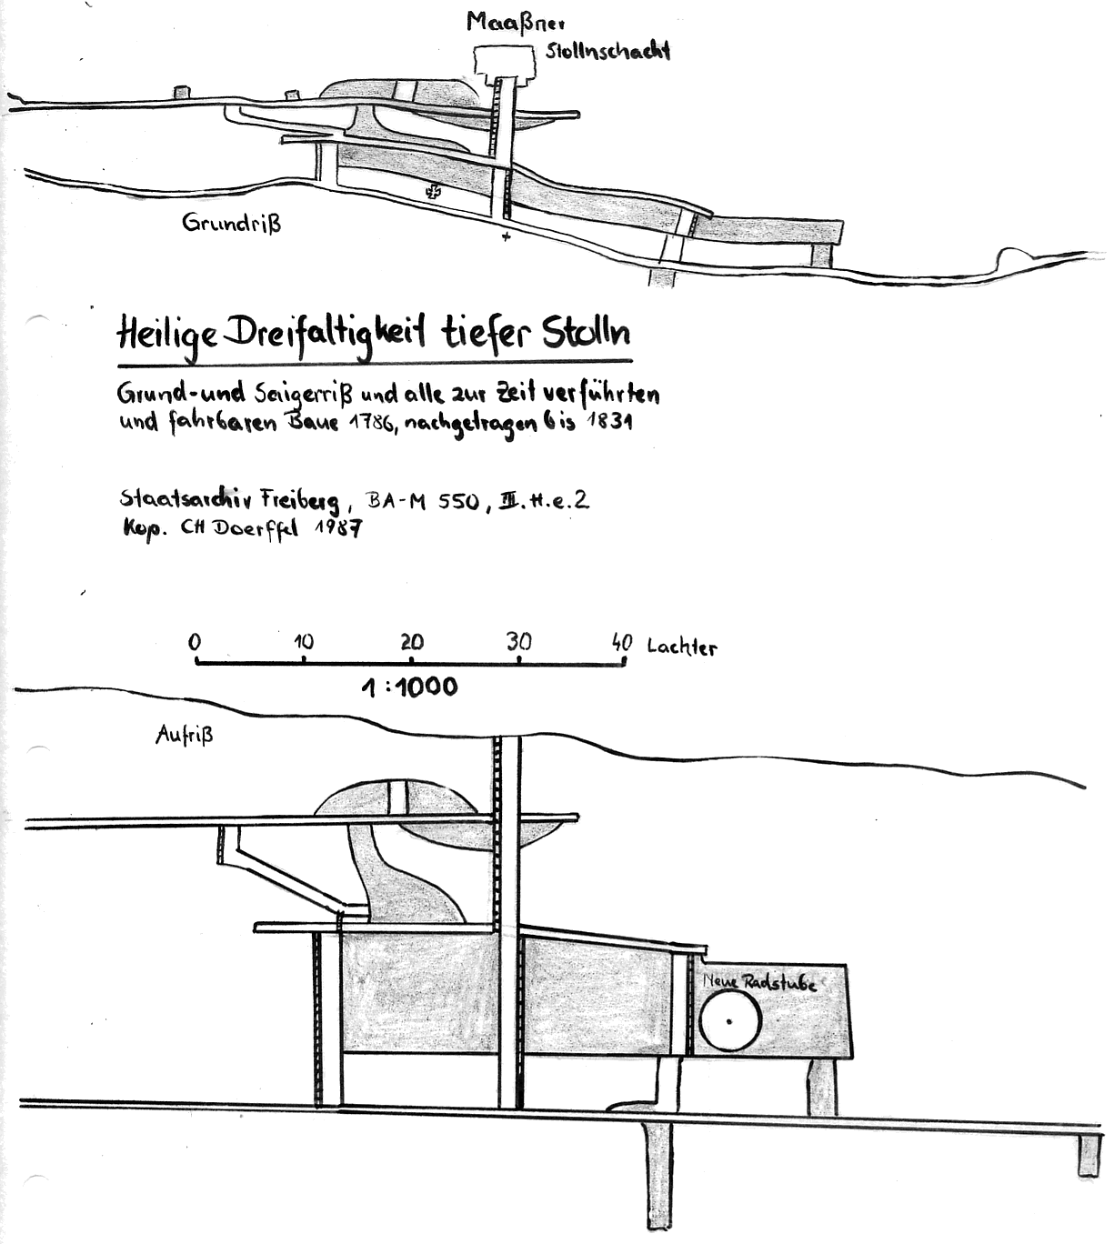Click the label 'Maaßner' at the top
click(515, 22)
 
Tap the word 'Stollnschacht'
click(607, 50)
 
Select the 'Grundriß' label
click(231, 223)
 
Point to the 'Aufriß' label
click(184, 736)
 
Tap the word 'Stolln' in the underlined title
click(585, 334)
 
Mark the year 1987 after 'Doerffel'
click(337, 528)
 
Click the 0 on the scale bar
click(195, 642)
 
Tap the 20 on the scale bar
click(412, 642)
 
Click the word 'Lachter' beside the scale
click(681, 647)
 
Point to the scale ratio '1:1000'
click(409, 687)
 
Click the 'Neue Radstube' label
click(758, 982)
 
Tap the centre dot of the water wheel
click(729, 1020)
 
